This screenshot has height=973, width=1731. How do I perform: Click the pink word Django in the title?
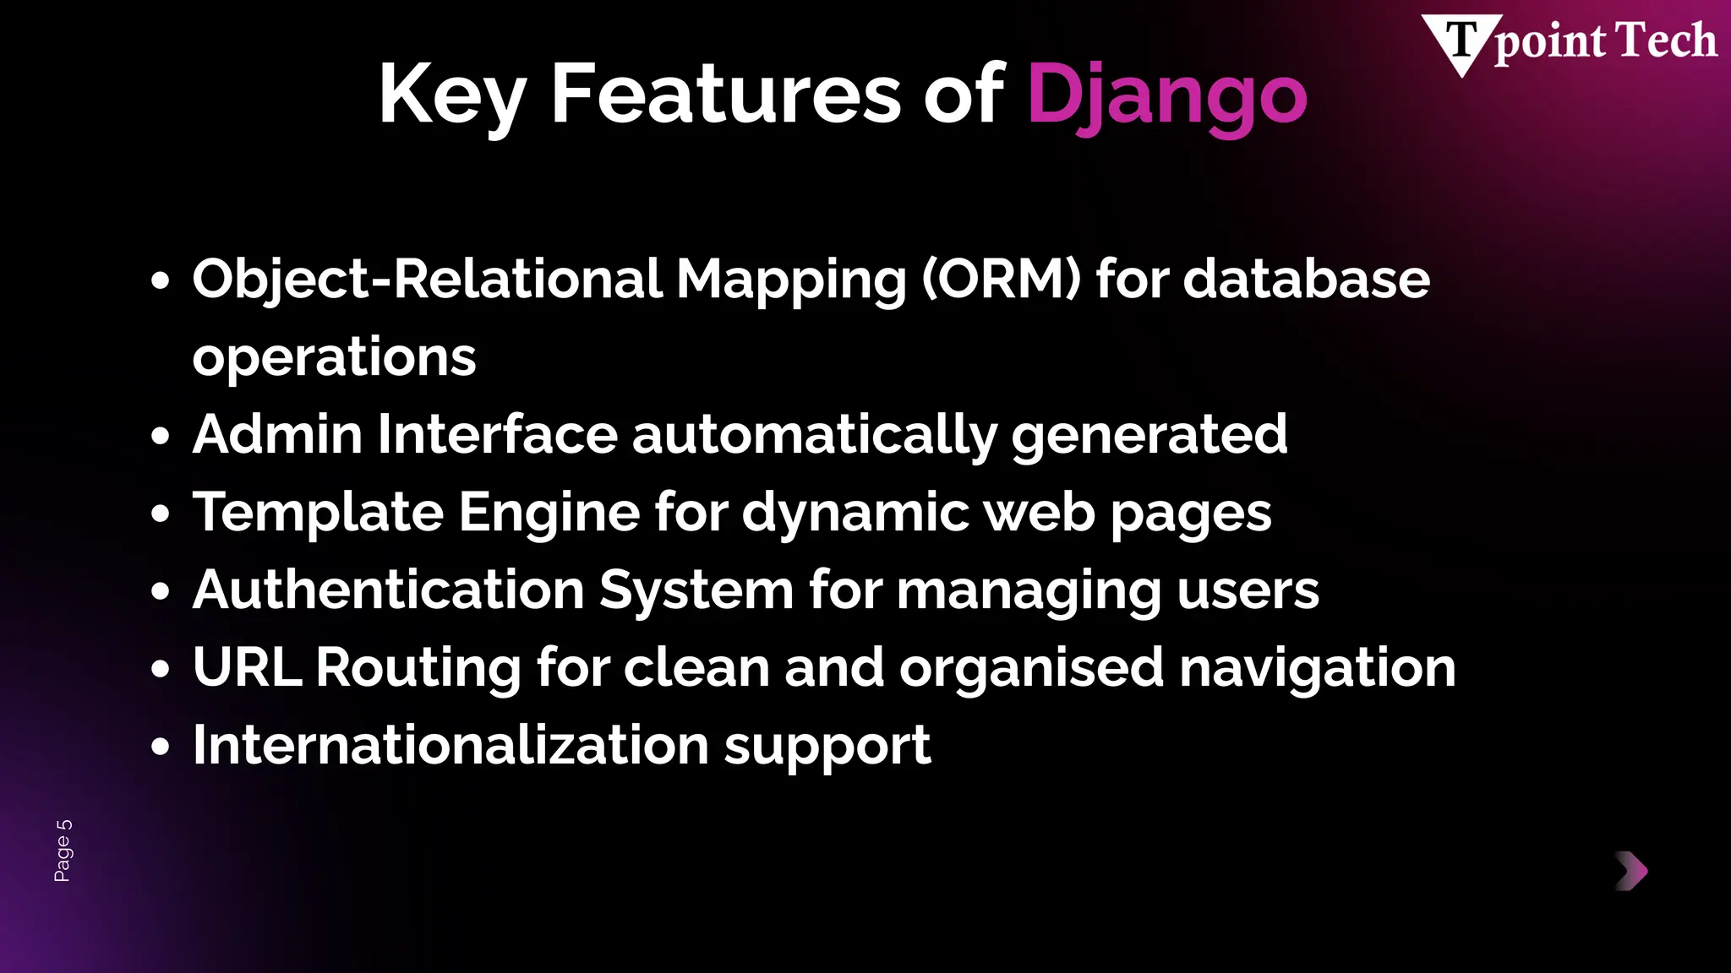1166,95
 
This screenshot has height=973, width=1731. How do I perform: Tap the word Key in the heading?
453,95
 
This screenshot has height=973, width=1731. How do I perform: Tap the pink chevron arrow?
1632,871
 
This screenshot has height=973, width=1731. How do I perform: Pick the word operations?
334,357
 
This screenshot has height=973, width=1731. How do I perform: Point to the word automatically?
814,436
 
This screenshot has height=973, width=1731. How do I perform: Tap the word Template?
318,513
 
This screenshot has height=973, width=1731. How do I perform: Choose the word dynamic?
855,514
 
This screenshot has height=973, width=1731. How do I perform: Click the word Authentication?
388,590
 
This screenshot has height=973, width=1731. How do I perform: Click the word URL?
247,667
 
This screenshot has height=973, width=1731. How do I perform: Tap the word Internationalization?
450,745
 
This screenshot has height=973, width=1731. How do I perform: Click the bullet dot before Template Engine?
161,514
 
